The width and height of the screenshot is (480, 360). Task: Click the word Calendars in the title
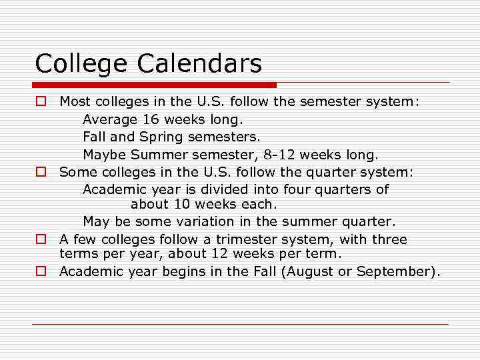click(x=200, y=64)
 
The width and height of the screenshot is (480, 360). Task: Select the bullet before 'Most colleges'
click(x=41, y=102)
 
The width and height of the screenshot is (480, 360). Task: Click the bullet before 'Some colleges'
click(x=41, y=172)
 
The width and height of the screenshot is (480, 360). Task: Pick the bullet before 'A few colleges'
click(x=41, y=239)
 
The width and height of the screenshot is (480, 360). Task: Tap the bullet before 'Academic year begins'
click(x=41, y=271)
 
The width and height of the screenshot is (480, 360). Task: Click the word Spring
click(x=162, y=137)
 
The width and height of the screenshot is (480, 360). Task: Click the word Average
click(x=109, y=120)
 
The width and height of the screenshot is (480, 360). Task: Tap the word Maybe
click(x=105, y=155)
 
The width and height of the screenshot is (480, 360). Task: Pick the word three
click(x=389, y=239)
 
